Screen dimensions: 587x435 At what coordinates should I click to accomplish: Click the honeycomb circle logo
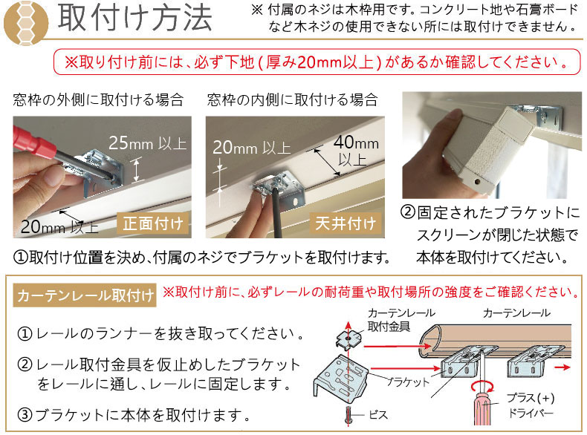[26, 22]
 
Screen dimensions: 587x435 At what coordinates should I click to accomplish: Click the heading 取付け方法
[135, 19]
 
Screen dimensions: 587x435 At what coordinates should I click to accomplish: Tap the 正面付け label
[153, 223]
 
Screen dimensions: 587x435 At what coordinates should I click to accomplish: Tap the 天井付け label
[346, 223]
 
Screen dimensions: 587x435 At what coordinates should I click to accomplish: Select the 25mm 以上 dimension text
[148, 143]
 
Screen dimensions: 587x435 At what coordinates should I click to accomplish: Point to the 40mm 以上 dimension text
[356, 151]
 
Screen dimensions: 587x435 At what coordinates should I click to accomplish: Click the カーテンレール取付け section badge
[85, 295]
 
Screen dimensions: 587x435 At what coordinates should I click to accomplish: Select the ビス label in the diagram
[378, 414]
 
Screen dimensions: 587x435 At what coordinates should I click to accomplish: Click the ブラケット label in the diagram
[409, 382]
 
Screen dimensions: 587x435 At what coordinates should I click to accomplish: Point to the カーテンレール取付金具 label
[401, 320]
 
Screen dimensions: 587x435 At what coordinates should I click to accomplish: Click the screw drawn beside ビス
[348, 416]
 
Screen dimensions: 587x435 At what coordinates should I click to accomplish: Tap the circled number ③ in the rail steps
[25, 415]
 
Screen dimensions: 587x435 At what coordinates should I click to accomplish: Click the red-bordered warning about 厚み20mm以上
[317, 62]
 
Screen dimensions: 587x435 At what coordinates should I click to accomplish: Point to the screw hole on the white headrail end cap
[477, 182]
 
